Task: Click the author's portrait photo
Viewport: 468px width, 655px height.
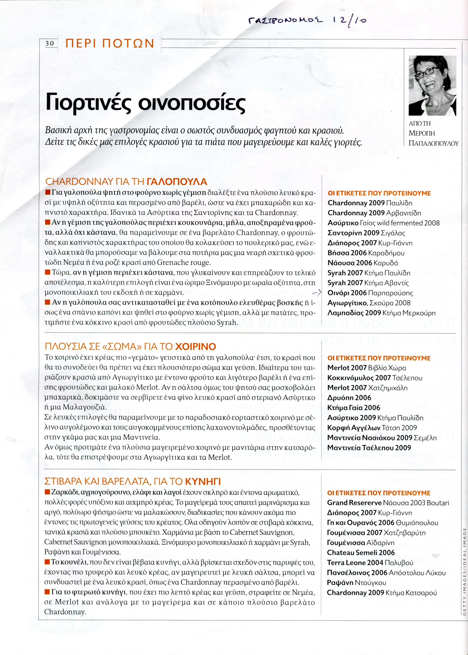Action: point(432,86)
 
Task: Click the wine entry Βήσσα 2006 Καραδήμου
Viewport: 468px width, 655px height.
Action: point(366,253)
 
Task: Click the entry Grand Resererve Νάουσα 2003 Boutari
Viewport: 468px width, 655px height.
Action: point(388,503)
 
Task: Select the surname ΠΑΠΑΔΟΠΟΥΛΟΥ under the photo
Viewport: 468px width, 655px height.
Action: point(434,143)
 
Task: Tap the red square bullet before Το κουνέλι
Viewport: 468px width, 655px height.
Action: point(47,562)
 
